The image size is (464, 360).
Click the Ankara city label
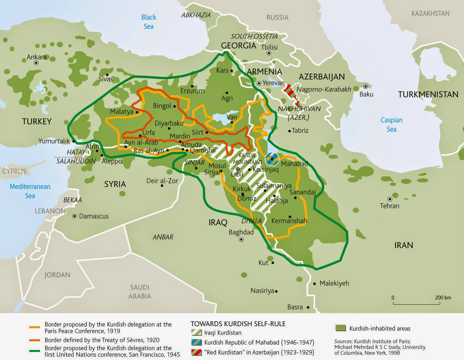point(36,57)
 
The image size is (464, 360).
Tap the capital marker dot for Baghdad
point(242,240)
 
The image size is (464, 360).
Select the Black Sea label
point(149,22)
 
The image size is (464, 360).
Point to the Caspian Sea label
point(391,124)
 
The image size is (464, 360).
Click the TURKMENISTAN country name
point(428,95)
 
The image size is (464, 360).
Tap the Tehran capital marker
point(390,199)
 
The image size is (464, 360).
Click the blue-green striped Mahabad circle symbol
point(272,159)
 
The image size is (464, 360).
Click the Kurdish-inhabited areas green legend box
point(340,328)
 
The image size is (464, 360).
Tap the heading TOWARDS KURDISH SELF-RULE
point(238,324)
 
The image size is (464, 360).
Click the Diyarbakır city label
point(169,123)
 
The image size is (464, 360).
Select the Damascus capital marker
point(75,216)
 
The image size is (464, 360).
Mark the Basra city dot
point(308,307)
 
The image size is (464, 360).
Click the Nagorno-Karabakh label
point(323,89)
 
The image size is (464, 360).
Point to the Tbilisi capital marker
point(269,53)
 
